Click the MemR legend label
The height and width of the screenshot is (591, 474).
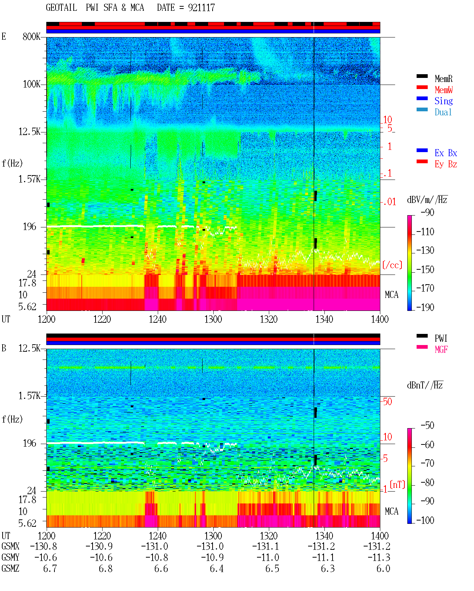pos(443,79)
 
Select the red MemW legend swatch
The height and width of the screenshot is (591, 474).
pos(422,87)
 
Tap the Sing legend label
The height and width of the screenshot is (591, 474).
pos(443,101)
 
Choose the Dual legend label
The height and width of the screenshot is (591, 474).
pos(443,112)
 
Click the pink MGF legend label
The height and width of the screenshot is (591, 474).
pos(441,349)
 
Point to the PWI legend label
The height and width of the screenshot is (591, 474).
pos(441,338)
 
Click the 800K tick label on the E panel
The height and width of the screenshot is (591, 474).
pos(31,36)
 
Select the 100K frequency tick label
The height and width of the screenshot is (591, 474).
pos(31,84)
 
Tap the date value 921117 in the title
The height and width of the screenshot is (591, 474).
pos(201,8)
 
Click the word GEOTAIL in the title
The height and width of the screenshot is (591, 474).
pos(61,8)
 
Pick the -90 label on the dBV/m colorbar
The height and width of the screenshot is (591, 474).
pos(427,212)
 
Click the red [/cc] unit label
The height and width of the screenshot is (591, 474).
pos(392,265)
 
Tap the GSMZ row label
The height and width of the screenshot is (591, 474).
pos(10,568)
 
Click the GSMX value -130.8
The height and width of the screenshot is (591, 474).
pos(43,546)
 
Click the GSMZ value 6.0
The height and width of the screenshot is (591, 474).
pos(383,568)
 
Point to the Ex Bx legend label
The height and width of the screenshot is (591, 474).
pos(446,153)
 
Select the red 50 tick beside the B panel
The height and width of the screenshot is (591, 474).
pos(387,401)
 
